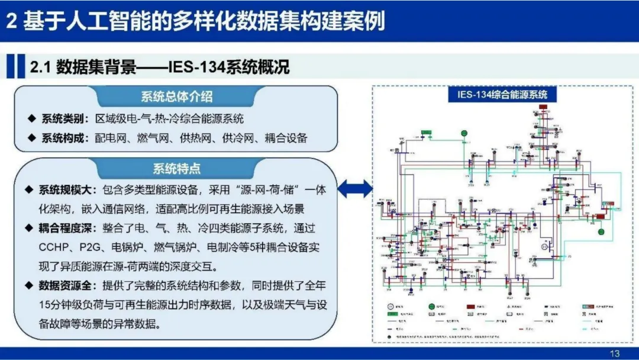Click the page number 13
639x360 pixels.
pyautogui.click(x=614, y=353)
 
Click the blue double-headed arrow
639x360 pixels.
pyautogui.click(x=355, y=189)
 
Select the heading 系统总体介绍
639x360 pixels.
pyautogui.click(x=176, y=97)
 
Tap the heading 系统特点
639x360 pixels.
pyautogui.click(x=176, y=169)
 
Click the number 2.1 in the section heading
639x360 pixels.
pyautogui.click(x=40, y=67)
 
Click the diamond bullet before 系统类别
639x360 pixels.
pyautogui.click(x=31, y=118)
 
